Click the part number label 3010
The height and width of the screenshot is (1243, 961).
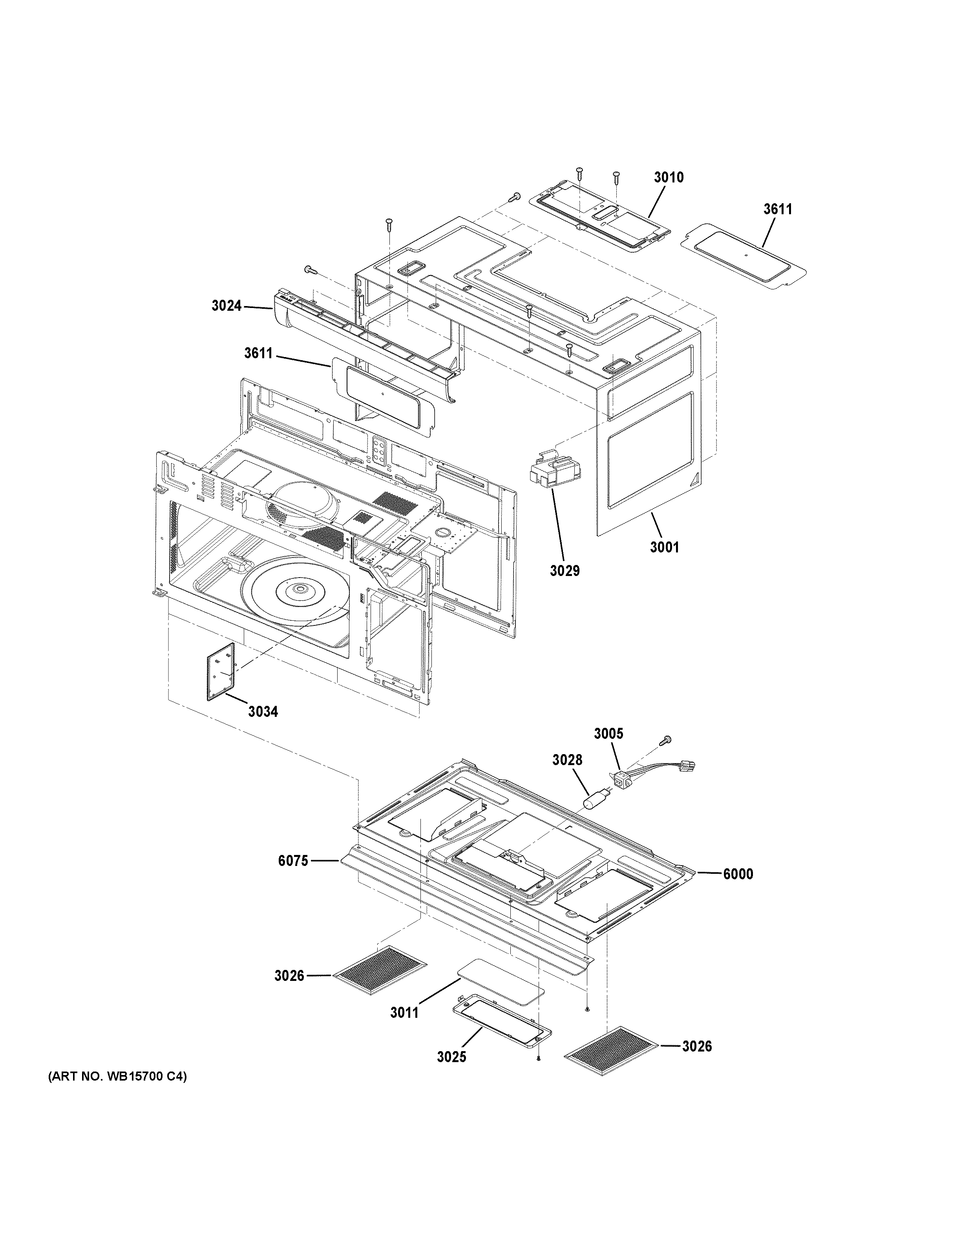pyautogui.click(x=669, y=177)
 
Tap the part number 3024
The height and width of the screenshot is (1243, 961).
pyautogui.click(x=227, y=306)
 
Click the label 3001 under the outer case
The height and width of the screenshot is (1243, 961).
pyautogui.click(x=664, y=547)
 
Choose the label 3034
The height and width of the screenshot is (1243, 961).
pyautogui.click(x=263, y=711)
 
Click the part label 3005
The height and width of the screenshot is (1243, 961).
pyautogui.click(x=608, y=734)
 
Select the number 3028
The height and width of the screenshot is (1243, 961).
pyautogui.click(x=567, y=760)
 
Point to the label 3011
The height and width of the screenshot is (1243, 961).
pyautogui.click(x=405, y=1013)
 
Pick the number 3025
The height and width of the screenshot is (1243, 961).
pyautogui.click(x=451, y=1057)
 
